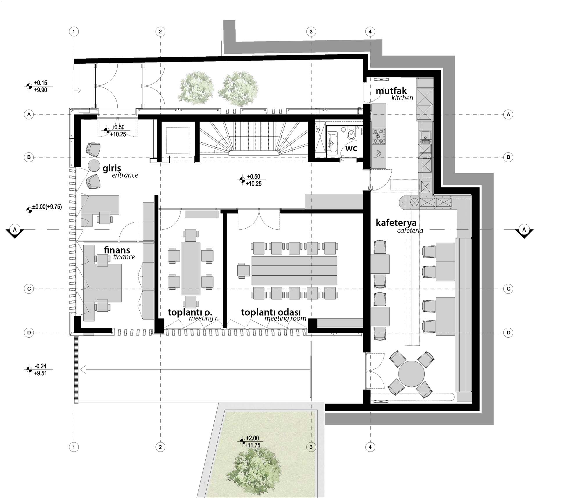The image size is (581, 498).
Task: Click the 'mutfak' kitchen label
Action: coord(391,91)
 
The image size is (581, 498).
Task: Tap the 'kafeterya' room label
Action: coord(396,223)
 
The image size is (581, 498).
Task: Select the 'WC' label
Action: coord(351,149)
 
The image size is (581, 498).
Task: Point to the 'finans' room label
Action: coord(117,250)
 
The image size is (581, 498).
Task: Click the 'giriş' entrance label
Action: coord(108,168)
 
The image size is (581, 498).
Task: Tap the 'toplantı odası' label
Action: coord(271,312)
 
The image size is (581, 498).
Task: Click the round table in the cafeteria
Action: coord(412,374)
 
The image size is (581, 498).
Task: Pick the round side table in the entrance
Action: coord(94,166)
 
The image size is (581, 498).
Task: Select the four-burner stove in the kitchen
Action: coord(379,136)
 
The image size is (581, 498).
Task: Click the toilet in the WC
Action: coord(351,134)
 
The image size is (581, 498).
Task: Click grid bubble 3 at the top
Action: coord(311,31)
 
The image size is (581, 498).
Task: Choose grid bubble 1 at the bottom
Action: coord(74,447)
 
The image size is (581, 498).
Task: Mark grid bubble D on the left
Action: coord(29,333)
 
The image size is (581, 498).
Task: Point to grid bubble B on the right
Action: coord(508,157)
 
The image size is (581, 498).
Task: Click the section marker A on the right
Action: coord(524,231)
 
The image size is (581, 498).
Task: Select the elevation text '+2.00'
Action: coord(252,438)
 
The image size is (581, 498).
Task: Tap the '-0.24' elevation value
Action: coord(40,366)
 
